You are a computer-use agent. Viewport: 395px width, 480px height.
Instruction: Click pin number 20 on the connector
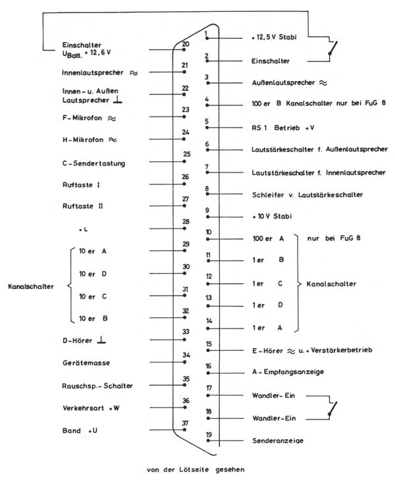[x=186, y=44]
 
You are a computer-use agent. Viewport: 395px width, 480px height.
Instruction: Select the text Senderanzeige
[x=278, y=440]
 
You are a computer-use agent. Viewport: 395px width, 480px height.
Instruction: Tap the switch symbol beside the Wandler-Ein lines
[x=335, y=408]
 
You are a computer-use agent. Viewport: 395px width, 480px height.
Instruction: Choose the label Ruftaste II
[x=83, y=205]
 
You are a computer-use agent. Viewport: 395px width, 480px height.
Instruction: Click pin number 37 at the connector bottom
[x=186, y=423]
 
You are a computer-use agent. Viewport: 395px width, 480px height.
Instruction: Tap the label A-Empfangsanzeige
[x=287, y=372]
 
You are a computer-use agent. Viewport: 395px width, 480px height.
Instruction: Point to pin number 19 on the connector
[x=208, y=435]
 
